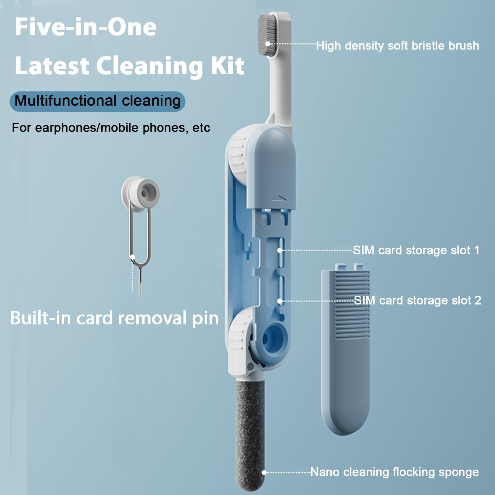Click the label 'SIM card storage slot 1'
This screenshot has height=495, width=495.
coord(416,250)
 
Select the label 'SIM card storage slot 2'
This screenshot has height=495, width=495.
coord(417,300)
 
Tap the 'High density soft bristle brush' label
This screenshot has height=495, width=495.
coord(398,46)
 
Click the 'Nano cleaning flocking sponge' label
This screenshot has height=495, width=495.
coord(395,472)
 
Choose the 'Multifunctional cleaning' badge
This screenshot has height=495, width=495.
coord(98,101)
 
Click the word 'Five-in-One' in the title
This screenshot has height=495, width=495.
coord(85,27)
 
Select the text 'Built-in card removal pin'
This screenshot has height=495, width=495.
coord(115,318)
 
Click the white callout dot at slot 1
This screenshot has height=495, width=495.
coord(280,250)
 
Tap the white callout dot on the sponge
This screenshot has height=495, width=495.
coord(264,473)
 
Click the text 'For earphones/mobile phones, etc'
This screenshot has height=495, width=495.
coord(111,128)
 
